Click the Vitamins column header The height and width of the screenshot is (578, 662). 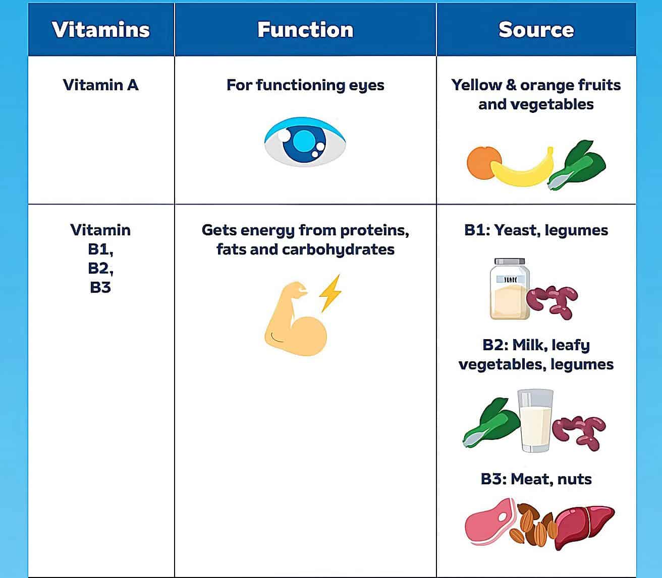[101, 30]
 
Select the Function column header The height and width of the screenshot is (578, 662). [305, 30]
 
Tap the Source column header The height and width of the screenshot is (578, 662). [536, 30]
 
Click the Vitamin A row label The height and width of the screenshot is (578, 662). [100, 85]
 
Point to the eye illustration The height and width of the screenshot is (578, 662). [305, 142]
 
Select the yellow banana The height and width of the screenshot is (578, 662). [523, 169]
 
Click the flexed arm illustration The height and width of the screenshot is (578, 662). [295, 323]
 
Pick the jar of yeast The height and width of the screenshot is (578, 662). [509, 290]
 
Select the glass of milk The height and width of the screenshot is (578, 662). [536, 421]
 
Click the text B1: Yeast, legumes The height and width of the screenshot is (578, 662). [536, 230]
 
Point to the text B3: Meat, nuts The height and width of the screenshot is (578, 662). [536, 479]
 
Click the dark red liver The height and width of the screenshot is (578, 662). [585, 524]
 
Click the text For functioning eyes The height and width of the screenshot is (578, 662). [305, 85]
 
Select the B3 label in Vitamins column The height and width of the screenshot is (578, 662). [100, 287]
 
